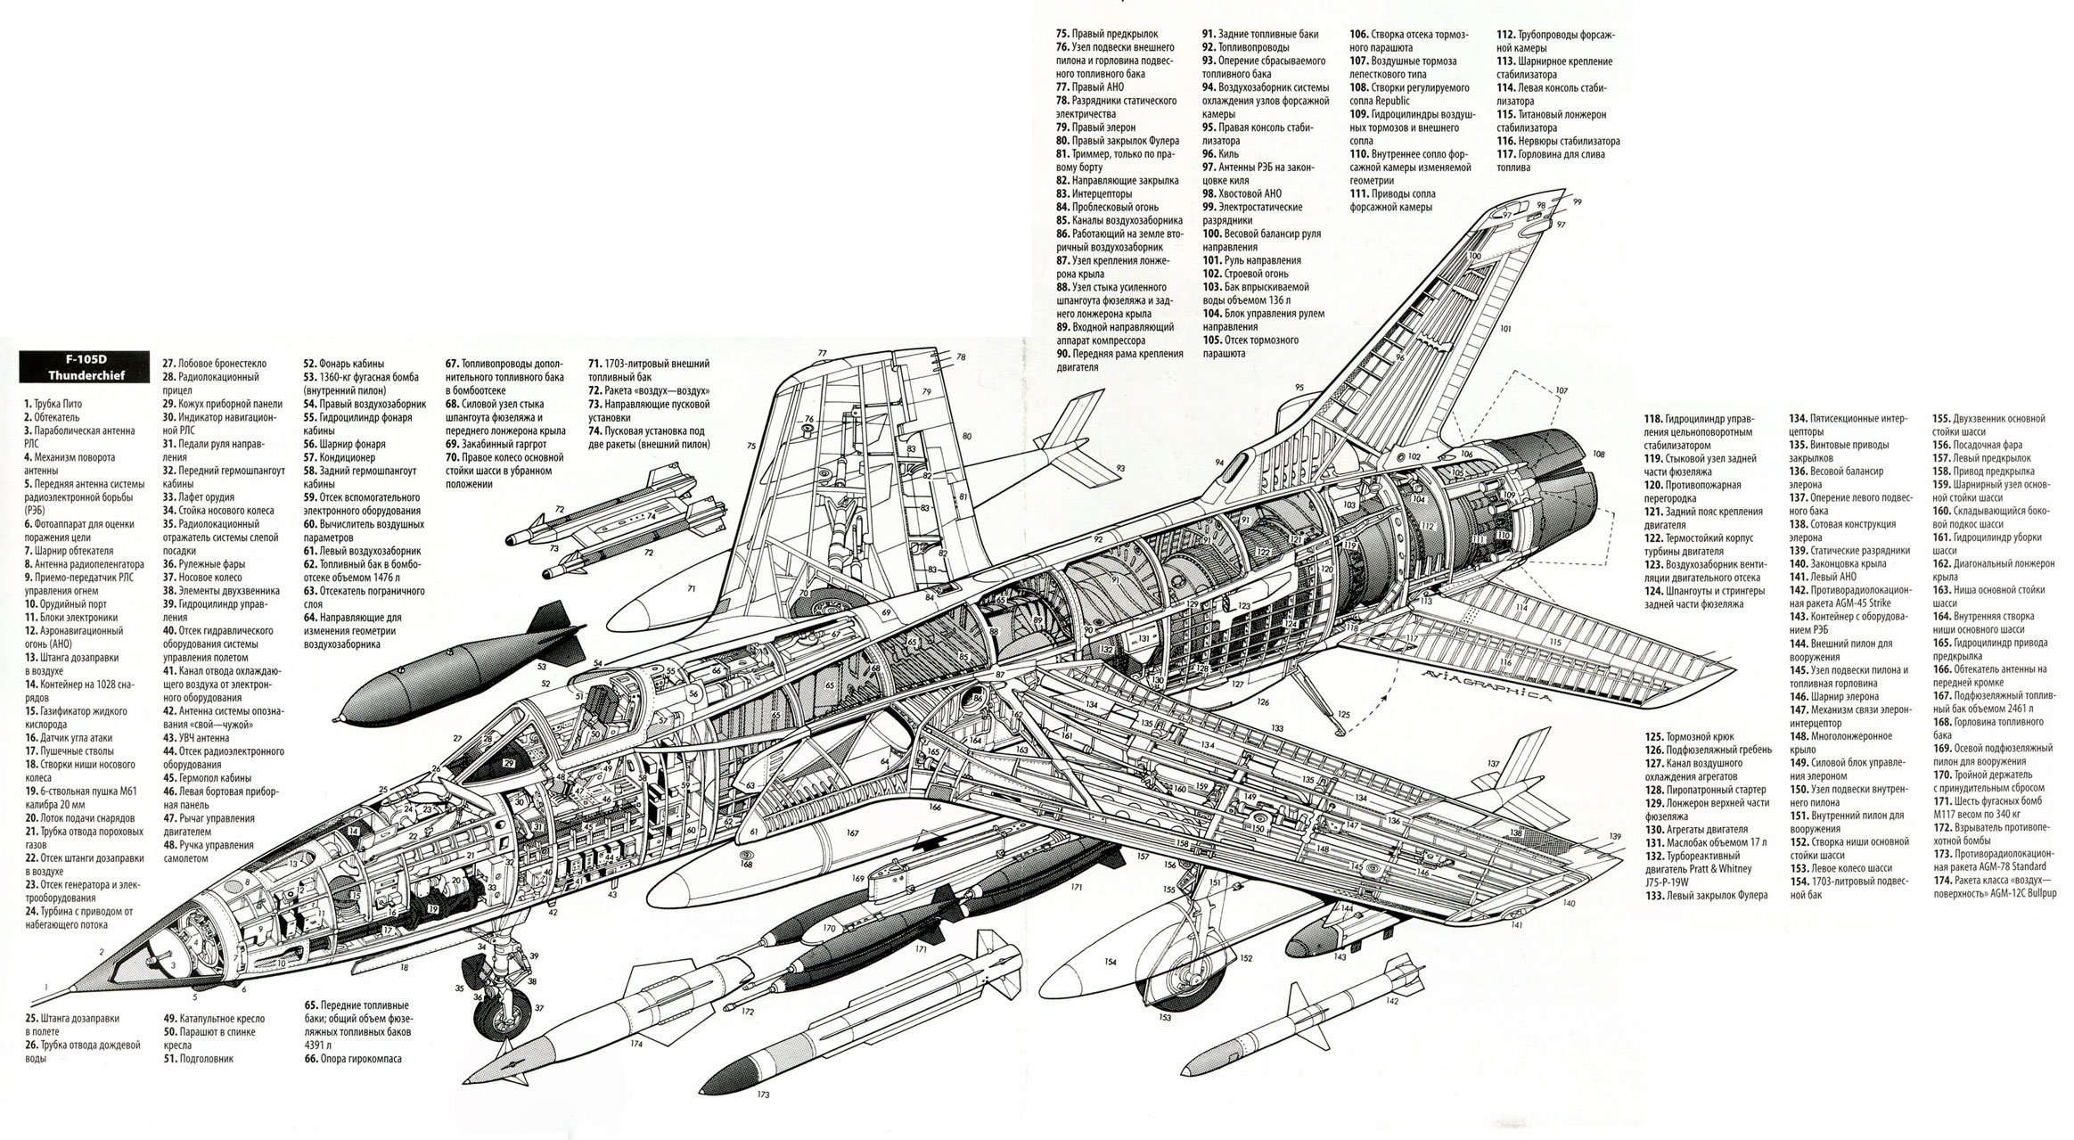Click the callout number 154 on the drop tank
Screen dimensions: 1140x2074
(x=1110, y=962)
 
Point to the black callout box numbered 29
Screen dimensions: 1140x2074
(x=508, y=763)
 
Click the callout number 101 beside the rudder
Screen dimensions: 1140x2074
(x=1505, y=329)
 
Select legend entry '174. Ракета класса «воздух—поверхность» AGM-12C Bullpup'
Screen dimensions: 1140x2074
(x=1993, y=885)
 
